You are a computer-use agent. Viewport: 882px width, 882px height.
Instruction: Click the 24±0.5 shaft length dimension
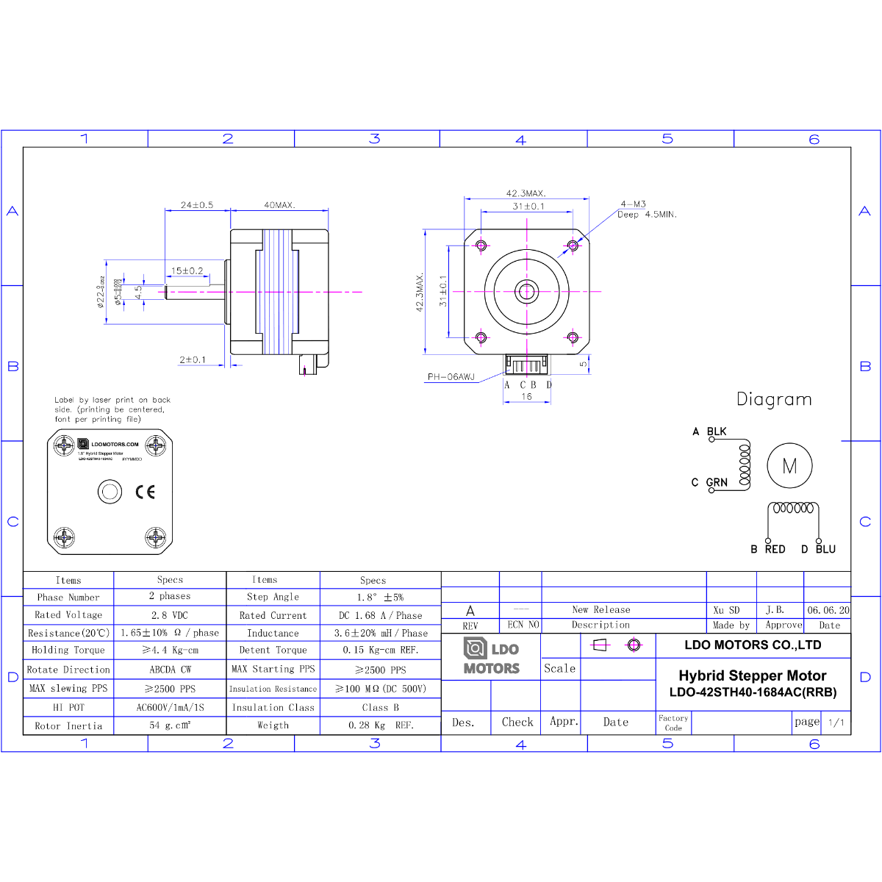[197, 205]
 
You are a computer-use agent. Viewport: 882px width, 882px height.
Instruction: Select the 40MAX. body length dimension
[279, 205]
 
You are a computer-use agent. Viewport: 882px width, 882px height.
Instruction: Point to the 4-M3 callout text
[633, 204]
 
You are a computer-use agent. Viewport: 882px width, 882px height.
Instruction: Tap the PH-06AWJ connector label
[451, 377]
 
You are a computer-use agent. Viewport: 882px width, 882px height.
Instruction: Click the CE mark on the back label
[146, 492]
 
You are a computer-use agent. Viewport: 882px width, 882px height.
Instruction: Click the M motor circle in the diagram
[789, 465]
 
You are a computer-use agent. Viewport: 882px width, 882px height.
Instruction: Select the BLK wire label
[717, 431]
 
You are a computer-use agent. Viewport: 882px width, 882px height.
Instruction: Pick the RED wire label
[775, 549]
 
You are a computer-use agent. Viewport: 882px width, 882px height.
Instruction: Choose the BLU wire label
[825, 549]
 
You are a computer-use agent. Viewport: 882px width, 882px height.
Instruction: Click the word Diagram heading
[774, 399]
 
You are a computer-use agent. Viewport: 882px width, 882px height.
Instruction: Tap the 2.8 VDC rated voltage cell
[170, 615]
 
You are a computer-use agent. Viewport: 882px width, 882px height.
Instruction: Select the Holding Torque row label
[68, 650]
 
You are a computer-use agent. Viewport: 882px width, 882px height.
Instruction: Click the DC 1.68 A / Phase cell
[380, 615]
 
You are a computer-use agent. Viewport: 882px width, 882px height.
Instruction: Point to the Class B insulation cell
[380, 707]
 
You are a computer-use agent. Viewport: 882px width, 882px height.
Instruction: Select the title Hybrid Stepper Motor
[752, 675]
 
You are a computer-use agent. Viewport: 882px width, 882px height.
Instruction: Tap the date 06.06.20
[828, 610]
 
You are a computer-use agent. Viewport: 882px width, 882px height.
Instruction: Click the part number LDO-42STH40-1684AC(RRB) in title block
[753, 692]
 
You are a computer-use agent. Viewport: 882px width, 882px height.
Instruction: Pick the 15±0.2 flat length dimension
[187, 270]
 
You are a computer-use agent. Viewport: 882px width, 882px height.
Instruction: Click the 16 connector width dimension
[526, 396]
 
